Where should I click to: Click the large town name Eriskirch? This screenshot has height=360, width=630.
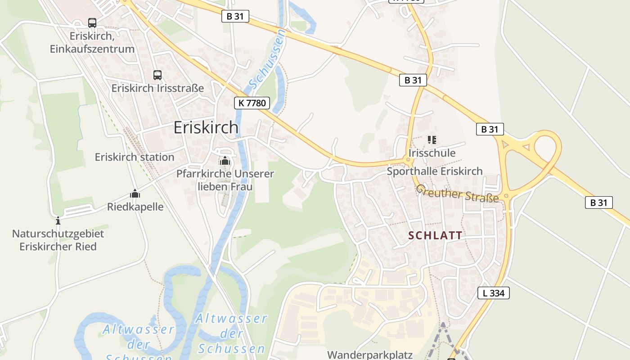click(206, 128)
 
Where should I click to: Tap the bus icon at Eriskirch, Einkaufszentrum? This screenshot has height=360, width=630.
click(92, 23)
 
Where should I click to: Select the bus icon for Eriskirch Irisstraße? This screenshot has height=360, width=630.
click(157, 75)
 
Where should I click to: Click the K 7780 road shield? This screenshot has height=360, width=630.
click(252, 103)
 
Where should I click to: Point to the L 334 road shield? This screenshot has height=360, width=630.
click(493, 293)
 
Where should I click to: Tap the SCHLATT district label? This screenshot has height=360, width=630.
click(435, 235)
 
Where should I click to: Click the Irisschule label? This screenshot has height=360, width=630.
click(432, 153)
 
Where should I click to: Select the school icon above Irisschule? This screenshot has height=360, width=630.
click(432, 140)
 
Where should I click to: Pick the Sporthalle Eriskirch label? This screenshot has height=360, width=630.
click(435, 171)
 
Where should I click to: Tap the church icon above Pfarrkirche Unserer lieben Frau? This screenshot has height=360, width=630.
click(225, 161)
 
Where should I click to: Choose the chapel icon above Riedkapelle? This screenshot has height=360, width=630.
click(135, 194)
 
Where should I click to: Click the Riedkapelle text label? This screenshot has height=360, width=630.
click(135, 207)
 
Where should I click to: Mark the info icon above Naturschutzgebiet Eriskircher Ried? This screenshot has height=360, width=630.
click(58, 221)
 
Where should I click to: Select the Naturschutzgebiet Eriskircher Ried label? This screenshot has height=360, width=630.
click(58, 240)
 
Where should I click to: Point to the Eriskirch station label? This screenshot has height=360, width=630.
click(135, 157)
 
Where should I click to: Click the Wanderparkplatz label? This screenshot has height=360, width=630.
click(369, 355)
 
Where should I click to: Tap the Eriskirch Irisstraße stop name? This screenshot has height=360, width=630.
click(157, 88)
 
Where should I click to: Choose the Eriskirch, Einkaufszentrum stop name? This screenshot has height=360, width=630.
click(92, 42)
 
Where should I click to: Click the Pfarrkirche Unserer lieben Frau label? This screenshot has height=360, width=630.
click(225, 180)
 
